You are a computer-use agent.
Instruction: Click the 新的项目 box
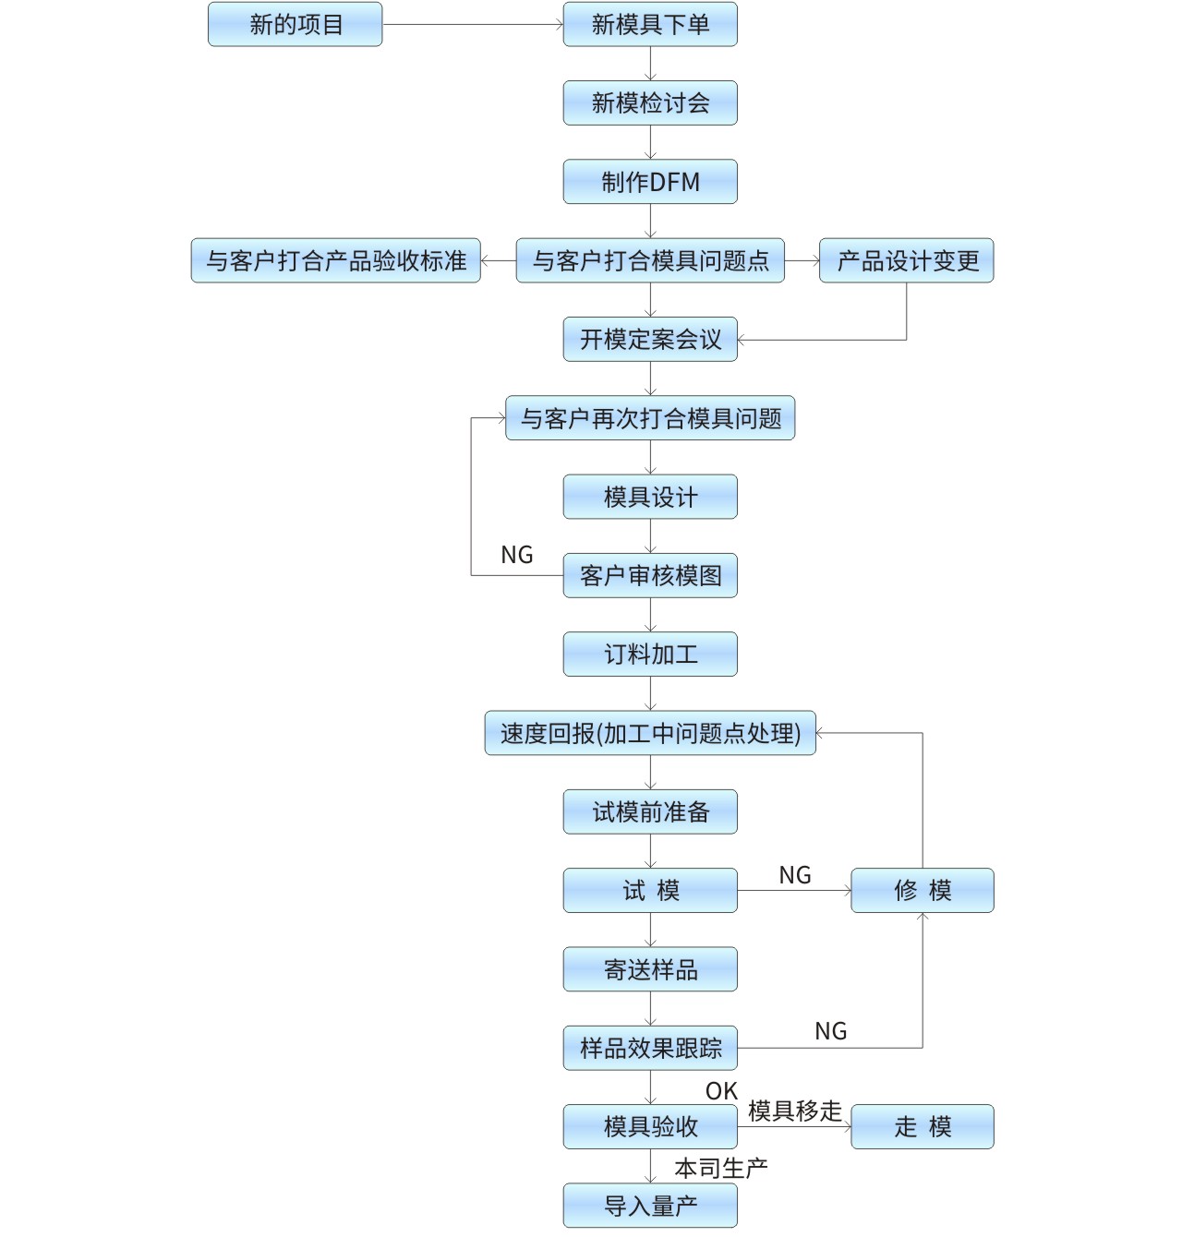pos(295,24)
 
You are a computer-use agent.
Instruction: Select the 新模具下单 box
pos(650,24)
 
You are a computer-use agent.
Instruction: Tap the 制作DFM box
pos(650,182)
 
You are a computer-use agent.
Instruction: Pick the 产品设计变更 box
pos(906,260)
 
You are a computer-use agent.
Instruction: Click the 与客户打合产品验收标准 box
pos(336,260)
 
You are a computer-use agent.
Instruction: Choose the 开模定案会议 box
pos(650,340)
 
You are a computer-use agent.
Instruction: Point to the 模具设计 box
pos(650,497)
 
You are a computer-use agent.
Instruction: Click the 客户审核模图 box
pos(650,575)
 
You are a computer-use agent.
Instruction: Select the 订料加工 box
pos(650,655)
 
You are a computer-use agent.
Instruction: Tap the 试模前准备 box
pos(650,811)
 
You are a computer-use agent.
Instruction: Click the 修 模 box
pos(923,891)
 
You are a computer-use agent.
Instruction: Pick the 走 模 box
pos(923,1126)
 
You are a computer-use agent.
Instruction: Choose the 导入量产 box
pos(650,1206)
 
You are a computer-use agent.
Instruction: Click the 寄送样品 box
pos(650,969)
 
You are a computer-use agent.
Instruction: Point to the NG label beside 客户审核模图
pos(516,555)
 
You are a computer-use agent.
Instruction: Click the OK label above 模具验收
pos(721,1091)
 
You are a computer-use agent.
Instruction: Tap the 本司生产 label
pos(721,1169)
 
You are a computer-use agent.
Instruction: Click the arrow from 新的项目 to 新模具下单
pos(473,24)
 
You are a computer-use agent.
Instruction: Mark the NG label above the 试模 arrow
pos(795,875)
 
